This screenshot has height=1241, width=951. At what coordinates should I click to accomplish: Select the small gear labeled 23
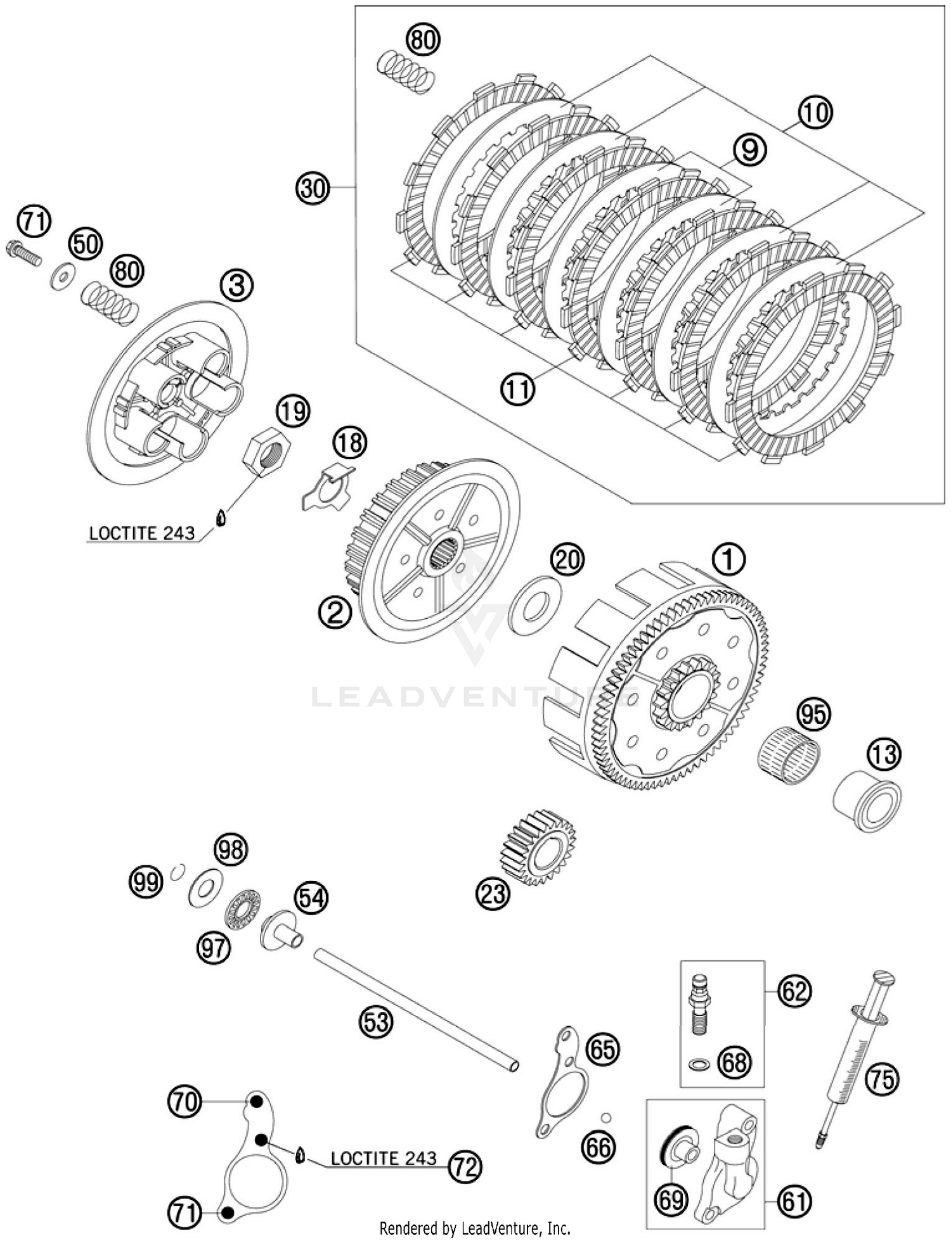(x=538, y=848)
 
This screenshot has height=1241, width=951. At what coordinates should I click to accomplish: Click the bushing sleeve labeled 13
(x=867, y=800)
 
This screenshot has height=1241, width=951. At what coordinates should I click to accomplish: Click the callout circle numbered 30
(x=313, y=188)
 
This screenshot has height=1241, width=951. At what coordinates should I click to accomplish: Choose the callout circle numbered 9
(x=749, y=150)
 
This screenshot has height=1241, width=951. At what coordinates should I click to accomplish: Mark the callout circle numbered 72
(x=465, y=1166)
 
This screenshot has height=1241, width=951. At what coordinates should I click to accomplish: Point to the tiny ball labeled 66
(x=605, y=1117)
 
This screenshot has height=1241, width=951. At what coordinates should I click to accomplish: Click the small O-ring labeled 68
(x=699, y=1063)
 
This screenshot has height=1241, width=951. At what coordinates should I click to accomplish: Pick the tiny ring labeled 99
(x=178, y=873)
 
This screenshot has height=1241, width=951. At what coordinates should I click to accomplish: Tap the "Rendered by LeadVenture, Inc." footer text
(x=475, y=1229)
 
